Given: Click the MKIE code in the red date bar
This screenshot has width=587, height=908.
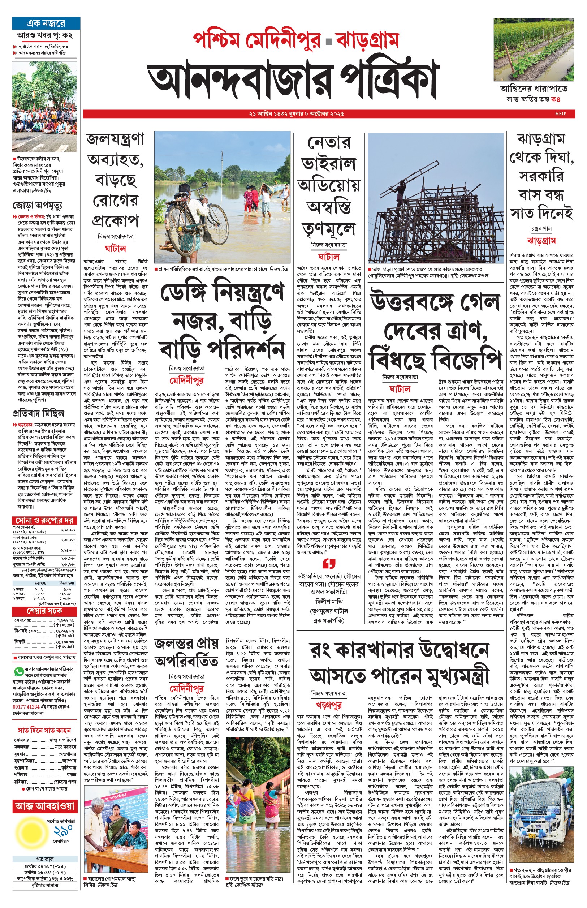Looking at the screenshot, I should tap(560, 113).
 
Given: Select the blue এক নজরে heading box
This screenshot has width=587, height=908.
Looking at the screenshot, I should tap(46, 23).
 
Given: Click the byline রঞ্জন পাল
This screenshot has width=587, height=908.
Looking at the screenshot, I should tap(541, 229).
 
